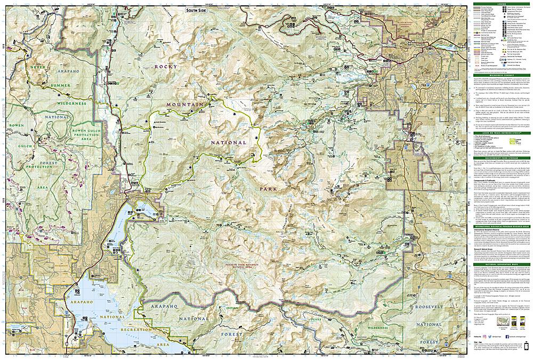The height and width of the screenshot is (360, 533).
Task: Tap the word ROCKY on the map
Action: tap(165, 66)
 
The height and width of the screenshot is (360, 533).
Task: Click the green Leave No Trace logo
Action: tap(515, 141)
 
